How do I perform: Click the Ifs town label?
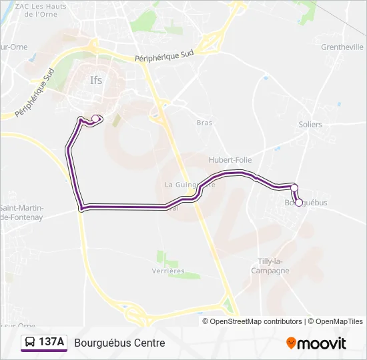(x=97, y=81)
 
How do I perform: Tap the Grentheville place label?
(x=342, y=47)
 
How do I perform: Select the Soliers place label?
(x=310, y=125)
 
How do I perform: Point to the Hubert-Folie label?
(x=227, y=160)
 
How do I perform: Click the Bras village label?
(x=204, y=123)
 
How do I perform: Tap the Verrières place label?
(x=167, y=271)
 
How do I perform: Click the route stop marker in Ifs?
(x=95, y=119)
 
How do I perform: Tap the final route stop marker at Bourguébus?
(x=299, y=203)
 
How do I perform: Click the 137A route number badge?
(x=52, y=342)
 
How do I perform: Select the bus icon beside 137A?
(x=31, y=343)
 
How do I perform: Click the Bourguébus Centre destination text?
(x=119, y=343)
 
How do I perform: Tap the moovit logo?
(x=316, y=343)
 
